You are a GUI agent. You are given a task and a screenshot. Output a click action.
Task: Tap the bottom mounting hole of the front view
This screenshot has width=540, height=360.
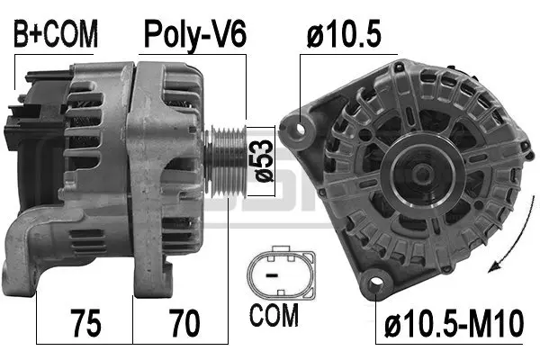[373, 286]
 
